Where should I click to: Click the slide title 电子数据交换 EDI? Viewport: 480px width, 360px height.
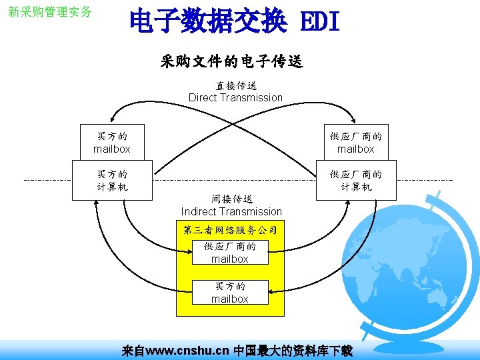coord(234,22)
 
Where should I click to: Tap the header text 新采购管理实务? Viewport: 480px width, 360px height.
coord(50,13)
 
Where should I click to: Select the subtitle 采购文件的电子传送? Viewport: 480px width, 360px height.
coord(231,62)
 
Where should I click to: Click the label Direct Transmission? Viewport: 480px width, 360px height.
coord(235,97)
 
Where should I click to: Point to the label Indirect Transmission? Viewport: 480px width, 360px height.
coord(231,211)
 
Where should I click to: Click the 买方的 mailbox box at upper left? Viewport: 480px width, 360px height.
coord(111,142)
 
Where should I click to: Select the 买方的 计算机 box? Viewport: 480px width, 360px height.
coord(111,180)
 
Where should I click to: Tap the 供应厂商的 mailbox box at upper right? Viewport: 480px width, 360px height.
coord(355,142)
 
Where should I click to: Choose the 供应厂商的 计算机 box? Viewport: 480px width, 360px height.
coord(355,180)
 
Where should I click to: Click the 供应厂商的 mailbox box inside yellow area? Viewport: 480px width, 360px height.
coord(229,253)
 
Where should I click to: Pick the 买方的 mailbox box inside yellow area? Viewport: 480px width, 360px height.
coord(229,292)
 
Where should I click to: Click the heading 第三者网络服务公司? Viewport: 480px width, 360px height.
coord(229,230)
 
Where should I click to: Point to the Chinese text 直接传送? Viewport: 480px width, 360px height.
coord(235,85)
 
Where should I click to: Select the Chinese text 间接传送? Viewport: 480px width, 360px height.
coord(231,199)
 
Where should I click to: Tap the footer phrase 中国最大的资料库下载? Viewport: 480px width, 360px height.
coord(293,351)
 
